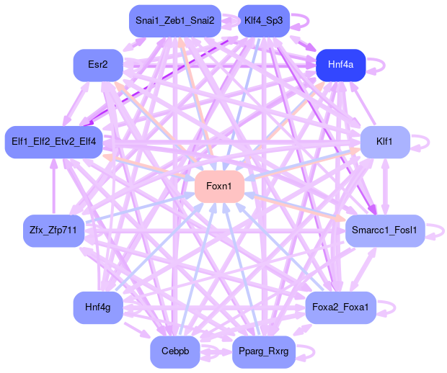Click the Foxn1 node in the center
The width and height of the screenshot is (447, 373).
pos(219,187)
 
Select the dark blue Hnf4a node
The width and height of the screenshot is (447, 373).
pos(340,65)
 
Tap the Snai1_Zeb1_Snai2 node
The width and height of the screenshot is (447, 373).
pos(175,21)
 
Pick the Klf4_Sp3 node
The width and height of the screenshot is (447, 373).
pos(263,21)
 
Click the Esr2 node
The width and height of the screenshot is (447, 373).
pos(98,65)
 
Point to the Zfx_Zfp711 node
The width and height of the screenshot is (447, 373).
pos(54,230)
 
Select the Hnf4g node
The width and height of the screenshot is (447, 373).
pos(98,307)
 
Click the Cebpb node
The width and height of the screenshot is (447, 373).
pos(175,351)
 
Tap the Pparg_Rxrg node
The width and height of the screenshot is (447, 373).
pos(263,351)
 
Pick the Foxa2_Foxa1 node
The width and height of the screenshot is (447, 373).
pos(340,307)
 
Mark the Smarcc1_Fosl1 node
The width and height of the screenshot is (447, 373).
pos(385,230)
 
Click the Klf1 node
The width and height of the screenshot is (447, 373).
pos(385,141)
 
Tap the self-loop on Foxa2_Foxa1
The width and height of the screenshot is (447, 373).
pos(394,307)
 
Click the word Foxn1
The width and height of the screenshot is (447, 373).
pos(219,187)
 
